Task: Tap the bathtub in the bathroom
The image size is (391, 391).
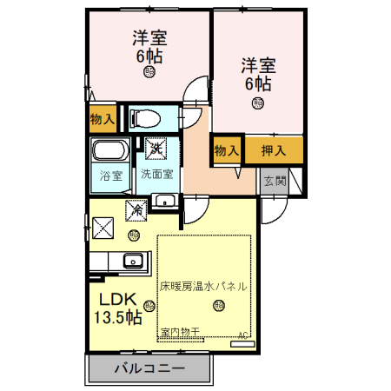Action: tap(110, 150)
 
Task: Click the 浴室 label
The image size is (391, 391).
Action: tap(111, 174)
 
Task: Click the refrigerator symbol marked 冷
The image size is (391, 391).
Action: tap(136, 209)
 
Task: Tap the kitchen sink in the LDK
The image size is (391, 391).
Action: tap(134, 260)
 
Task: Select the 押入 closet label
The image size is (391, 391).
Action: tap(274, 150)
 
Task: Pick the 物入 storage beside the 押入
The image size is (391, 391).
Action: tap(227, 150)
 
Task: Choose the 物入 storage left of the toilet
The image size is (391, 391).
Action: tap(102, 117)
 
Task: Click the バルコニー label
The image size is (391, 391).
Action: tap(149, 368)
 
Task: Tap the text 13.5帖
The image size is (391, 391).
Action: tap(117, 318)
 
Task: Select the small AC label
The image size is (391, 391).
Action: tap(243, 335)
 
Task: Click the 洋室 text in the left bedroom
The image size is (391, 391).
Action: tap(149, 39)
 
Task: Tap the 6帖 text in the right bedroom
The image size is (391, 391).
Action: tap(257, 84)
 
